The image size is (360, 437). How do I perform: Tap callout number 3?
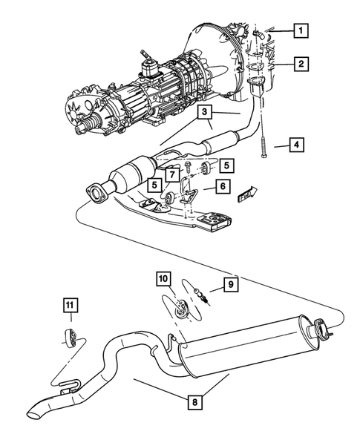point(205,113)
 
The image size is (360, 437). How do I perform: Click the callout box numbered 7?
point(172,174)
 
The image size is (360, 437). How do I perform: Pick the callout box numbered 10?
point(163,280)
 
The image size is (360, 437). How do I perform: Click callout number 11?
point(68,305)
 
